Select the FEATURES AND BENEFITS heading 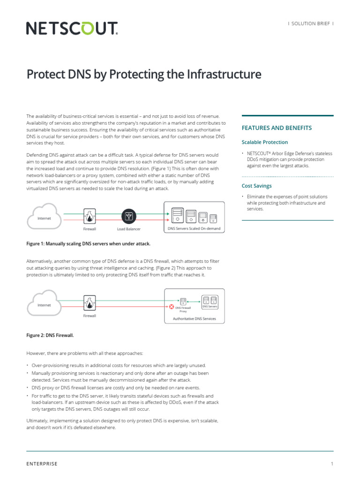pyautogui.click(x=277, y=128)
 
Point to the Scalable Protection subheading pyautogui.click(x=265, y=142)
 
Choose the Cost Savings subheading pyautogui.click(x=256, y=186)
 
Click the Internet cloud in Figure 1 pyautogui.click(x=45, y=217)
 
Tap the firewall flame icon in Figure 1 pyautogui.click(x=90, y=216)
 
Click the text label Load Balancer pyautogui.click(x=128, y=229)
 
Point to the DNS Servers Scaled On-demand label pyautogui.click(x=194, y=229)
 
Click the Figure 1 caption pyautogui.click(x=88, y=244)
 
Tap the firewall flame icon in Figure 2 pyautogui.click(x=90, y=303)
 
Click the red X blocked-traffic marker pyautogui.click(x=172, y=307)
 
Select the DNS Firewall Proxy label pyautogui.click(x=183, y=309)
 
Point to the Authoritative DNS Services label pyautogui.click(x=194, y=318)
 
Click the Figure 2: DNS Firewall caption pyautogui.click(x=50, y=336)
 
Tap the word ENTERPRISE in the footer pyautogui.click(x=42, y=464)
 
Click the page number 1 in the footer pyautogui.click(x=332, y=464)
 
